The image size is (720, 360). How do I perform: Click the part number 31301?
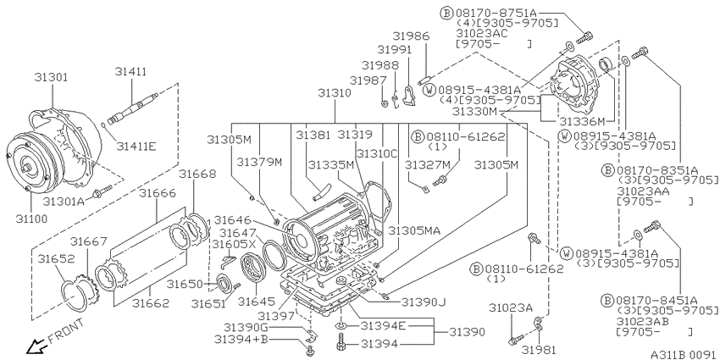[51, 77]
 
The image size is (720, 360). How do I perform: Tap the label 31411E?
[136, 147]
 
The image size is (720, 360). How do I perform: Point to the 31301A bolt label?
[64, 201]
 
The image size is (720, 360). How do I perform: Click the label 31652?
[56, 258]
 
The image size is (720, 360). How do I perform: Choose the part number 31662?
[151, 303]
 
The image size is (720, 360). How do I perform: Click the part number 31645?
[256, 302]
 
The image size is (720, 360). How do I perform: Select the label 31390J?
[424, 302]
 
